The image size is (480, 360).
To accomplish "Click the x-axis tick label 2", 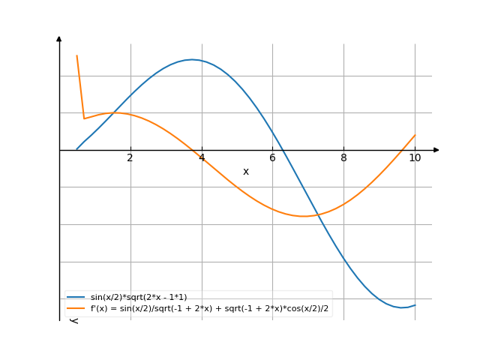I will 130,157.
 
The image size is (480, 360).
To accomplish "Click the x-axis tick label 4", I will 202,157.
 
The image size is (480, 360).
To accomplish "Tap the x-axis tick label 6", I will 272,157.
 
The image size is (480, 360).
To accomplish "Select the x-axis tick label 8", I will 343,157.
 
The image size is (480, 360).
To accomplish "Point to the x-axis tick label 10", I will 415,157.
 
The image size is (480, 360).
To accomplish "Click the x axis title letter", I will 246,172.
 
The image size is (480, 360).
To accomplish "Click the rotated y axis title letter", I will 73,320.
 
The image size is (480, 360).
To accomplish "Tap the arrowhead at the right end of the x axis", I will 436,150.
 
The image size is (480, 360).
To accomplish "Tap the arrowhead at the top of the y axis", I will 59,37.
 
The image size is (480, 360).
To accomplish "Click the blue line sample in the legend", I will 76,298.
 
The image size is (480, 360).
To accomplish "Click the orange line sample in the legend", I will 76,307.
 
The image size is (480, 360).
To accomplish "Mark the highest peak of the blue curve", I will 192,59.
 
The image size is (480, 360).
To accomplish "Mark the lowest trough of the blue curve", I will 401,307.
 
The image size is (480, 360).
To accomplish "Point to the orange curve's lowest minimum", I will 304,217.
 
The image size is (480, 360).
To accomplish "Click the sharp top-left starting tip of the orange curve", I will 76,55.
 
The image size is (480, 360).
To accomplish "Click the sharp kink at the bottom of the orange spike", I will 84,118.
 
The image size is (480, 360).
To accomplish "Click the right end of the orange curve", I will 415,135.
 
